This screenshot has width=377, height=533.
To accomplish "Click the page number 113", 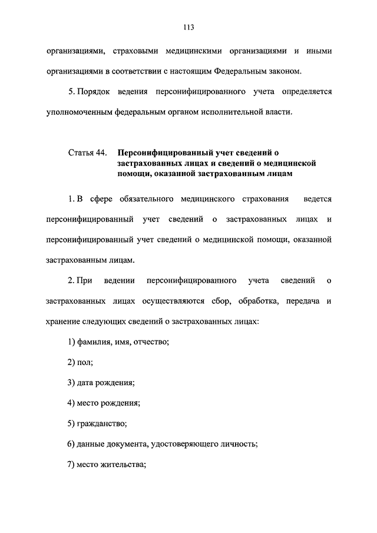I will tap(188, 27).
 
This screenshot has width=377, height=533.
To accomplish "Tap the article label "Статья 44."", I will tap(87, 153).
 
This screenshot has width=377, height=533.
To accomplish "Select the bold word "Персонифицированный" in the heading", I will tap(160, 153).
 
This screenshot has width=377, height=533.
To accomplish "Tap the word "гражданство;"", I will tap(101, 423).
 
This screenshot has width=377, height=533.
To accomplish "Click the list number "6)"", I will tap(71, 444).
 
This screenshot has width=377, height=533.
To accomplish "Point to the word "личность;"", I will tap(239, 444).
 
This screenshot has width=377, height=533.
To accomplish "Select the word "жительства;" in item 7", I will tap(124, 464).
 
